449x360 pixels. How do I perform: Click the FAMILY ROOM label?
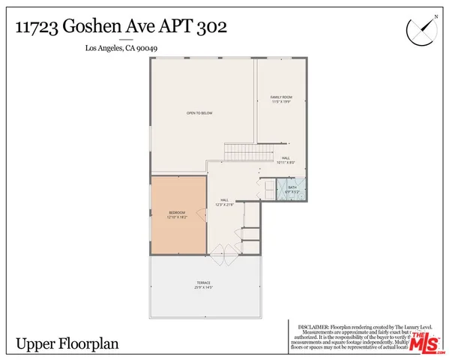point(280,97)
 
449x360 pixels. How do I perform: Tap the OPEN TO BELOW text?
point(200,112)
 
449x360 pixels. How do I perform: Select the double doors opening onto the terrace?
point(223,256)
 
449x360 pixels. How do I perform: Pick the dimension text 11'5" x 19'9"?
point(280,102)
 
